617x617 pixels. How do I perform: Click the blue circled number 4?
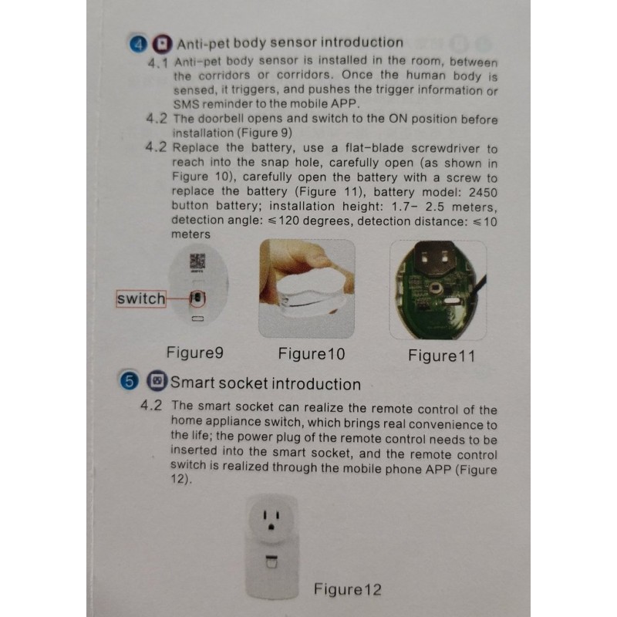(x=138, y=44)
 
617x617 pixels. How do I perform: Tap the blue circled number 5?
(x=129, y=381)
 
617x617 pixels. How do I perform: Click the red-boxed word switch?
(x=141, y=298)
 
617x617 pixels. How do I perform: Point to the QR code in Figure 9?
(x=197, y=261)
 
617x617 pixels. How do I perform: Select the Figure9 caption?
(x=195, y=352)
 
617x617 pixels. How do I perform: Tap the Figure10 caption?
(x=312, y=354)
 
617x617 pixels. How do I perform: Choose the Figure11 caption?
(x=441, y=356)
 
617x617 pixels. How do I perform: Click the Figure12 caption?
(x=348, y=589)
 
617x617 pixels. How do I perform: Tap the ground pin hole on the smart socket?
(x=271, y=527)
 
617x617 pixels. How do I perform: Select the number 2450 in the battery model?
(x=483, y=193)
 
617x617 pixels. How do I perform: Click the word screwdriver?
(x=446, y=148)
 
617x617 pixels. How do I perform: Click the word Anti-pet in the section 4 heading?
(x=203, y=44)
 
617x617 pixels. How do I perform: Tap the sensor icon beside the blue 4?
(x=162, y=44)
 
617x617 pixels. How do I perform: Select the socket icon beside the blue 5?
(x=157, y=380)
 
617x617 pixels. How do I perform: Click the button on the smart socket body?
(x=271, y=562)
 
